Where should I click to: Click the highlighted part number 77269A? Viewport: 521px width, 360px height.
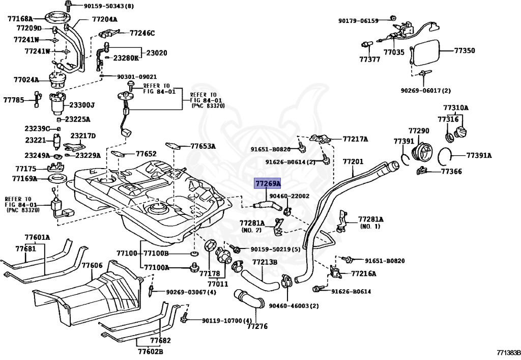(x=268, y=183)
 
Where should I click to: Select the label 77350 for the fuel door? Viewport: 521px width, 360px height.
(x=464, y=51)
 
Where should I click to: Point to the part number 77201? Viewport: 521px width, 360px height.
(x=353, y=162)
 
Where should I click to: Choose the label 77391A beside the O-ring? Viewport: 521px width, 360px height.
(x=479, y=155)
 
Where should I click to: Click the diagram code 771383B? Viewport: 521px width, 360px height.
(x=509, y=352)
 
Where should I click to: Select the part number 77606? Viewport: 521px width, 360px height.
(x=92, y=265)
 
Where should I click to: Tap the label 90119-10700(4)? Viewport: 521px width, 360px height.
(x=227, y=321)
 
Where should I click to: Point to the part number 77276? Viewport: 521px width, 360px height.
(x=257, y=326)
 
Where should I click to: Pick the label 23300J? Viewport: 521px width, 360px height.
(x=82, y=105)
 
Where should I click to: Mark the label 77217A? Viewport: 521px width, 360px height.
(x=355, y=139)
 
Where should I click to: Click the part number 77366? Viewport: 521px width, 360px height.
(x=451, y=172)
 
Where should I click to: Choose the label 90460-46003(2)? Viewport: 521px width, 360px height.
(x=294, y=306)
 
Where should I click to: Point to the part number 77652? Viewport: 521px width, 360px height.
(x=146, y=153)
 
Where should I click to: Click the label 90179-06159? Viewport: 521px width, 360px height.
(x=359, y=21)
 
